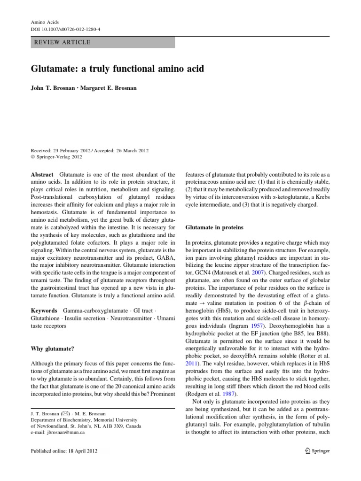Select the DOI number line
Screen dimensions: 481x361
pyautogui.click(x=65, y=29)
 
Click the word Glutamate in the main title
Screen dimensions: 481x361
pyautogui.click(x=54, y=69)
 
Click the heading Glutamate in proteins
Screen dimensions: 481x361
pyautogui.click(x=214, y=227)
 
